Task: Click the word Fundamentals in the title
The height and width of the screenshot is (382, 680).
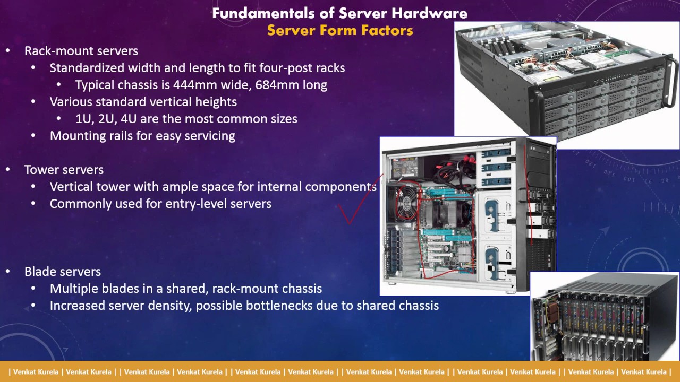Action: click(x=263, y=13)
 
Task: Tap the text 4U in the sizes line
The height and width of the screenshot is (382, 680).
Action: click(x=129, y=119)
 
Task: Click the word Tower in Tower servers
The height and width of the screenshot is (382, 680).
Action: click(x=41, y=170)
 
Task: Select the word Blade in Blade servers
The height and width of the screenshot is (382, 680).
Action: click(x=41, y=272)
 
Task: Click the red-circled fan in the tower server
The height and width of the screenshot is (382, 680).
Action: click(x=406, y=202)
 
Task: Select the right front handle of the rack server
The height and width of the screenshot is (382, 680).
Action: click(x=671, y=81)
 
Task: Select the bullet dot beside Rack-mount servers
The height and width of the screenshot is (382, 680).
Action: click(x=8, y=51)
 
